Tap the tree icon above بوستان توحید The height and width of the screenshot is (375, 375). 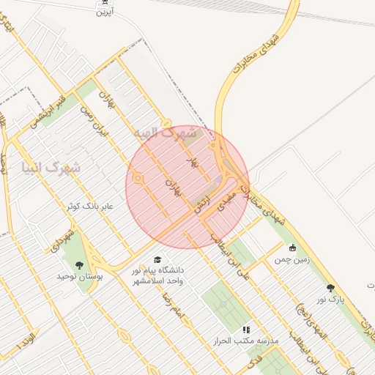tap(79, 265)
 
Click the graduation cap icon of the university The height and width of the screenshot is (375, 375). tap(158, 259)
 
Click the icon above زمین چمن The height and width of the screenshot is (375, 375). tap(293, 248)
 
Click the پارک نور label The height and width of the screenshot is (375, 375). tap(330, 300)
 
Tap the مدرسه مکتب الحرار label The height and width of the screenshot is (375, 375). tap(247, 341)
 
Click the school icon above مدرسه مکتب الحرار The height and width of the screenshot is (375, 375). tap(247, 330)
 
